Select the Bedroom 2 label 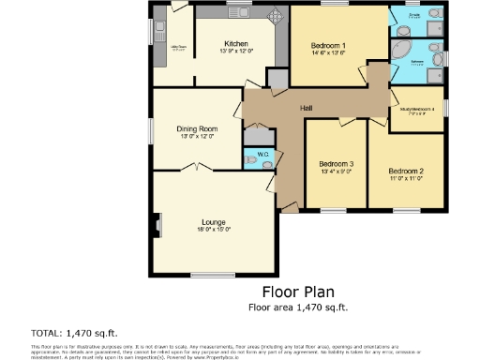pos(406,171)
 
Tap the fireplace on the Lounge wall pos(157,224)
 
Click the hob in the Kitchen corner pos(276,17)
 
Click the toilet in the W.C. pos(250,160)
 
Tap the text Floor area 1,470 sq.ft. pos(297,307)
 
